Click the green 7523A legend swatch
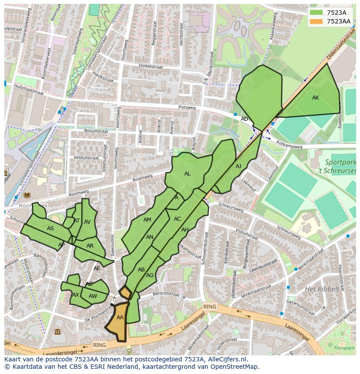point(317,13)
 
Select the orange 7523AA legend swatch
point(317,21)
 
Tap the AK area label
point(316,98)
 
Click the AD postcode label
point(245,119)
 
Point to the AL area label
point(187,174)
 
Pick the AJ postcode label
point(238,166)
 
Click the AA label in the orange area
point(120,318)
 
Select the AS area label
point(50,228)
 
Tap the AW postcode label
point(93,296)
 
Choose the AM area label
point(147,220)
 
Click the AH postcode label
point(185,230)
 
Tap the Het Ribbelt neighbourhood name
point(322,289)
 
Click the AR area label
point(90,246)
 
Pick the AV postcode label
point(87,222)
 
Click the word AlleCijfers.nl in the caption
point(226,359)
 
